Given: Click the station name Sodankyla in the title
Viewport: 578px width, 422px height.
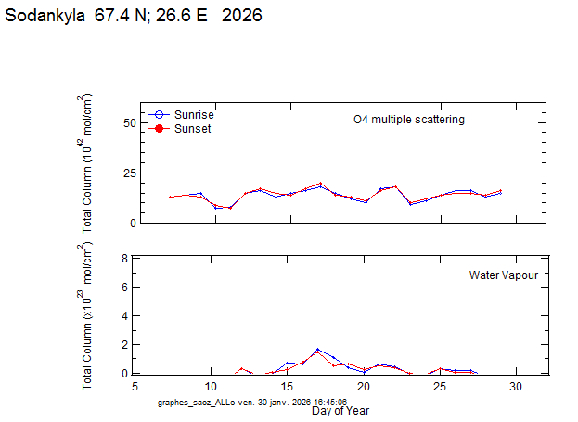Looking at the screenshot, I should point(46,16).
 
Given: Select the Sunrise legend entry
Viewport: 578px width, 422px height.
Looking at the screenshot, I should point(194,113).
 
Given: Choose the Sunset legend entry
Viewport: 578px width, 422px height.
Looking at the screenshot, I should point(192,129).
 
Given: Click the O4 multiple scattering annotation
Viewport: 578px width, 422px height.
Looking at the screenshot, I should point(408,120).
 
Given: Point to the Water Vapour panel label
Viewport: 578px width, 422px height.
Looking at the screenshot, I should point(503,275).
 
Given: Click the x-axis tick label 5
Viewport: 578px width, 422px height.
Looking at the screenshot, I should point(135,386).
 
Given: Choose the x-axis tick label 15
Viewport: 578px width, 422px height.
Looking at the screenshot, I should point(288,386).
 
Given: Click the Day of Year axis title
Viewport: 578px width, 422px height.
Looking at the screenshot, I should point(340,410).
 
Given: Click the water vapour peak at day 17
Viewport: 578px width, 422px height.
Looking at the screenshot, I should point(317,350).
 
